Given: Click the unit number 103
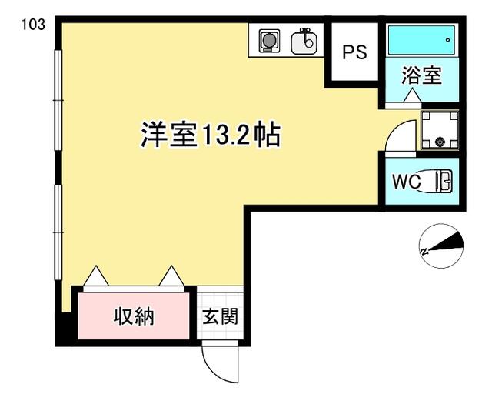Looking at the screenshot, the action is tap(33, 25).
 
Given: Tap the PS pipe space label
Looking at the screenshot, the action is tap(354, 52).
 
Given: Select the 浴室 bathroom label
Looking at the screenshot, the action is tap(422, 75).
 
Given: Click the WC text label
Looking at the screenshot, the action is tap(407, 182).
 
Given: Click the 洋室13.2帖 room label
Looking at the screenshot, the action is tap(211, 135).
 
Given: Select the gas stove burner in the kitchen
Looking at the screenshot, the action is tap(269, 41).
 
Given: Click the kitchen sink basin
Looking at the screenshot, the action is tap(304, 42).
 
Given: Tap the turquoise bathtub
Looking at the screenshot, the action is tap(421, 40).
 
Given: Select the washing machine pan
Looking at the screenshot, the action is tap(440, 129).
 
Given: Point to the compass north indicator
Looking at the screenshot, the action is tap(441, 246).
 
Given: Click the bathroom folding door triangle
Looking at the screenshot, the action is tap(411, 95).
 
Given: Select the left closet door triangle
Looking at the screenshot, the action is tap(96, 276).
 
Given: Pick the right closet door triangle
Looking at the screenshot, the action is tap(171, 276).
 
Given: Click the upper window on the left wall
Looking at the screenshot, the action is tap(58, 100).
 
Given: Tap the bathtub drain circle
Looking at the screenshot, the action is tap(447, 40).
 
